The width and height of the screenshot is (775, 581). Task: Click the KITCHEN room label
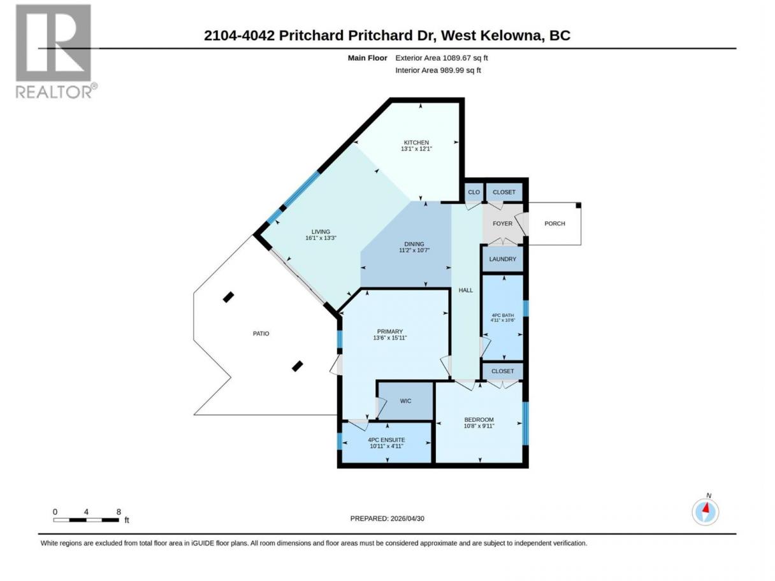click(416, 143)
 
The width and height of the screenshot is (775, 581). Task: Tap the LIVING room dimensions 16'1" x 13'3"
click(321, 238)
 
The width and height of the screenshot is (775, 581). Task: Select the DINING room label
click(414, 244)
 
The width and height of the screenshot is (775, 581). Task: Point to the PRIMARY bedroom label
click(390, 332)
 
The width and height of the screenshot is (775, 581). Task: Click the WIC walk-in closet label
click(406, 401)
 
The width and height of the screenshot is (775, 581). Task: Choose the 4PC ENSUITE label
click(386, 440)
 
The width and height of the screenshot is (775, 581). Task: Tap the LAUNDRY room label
click(502, 259)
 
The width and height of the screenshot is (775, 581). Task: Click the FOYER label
click(502, 224)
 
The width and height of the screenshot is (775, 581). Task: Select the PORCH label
click(554, 224)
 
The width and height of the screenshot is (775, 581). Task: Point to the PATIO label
click(261, 334)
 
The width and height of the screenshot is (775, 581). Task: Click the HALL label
click(466, 290)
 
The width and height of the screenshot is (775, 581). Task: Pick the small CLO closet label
click(474, 192)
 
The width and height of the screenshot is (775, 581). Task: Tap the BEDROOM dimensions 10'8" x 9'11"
click(479, 426)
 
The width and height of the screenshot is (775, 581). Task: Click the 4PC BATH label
click(502, 315)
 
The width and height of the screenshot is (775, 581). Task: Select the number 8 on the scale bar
click(119, 512)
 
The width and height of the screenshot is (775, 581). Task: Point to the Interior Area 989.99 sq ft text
click(438, 70)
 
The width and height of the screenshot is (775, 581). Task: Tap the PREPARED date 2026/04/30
click(407, 519)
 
